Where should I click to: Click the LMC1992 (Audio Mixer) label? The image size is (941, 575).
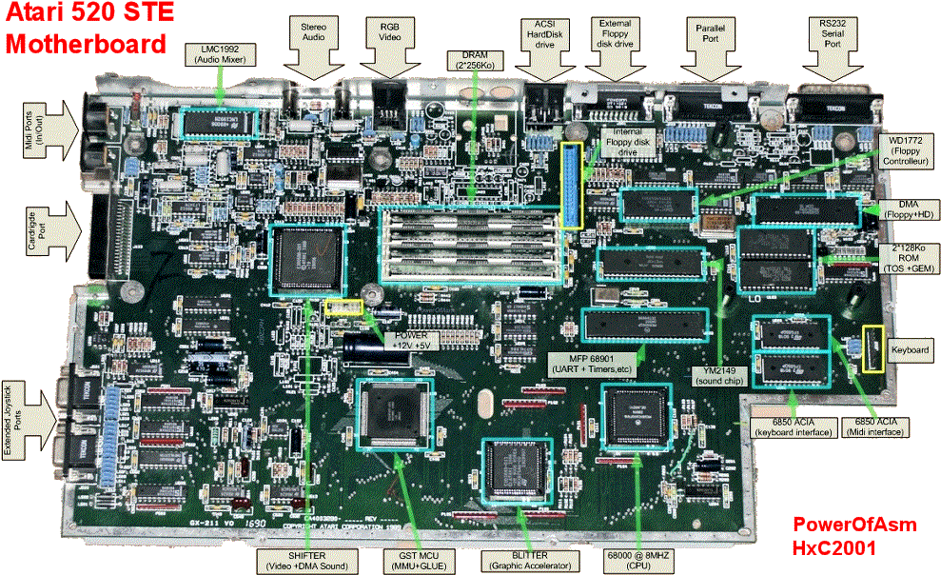click(x=221, y=52)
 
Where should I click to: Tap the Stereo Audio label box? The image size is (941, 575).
click(x=313, y=35)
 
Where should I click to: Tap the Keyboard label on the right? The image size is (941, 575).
click(x=912, y=349)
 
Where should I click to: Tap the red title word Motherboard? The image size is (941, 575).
click(x=86, y=43)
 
